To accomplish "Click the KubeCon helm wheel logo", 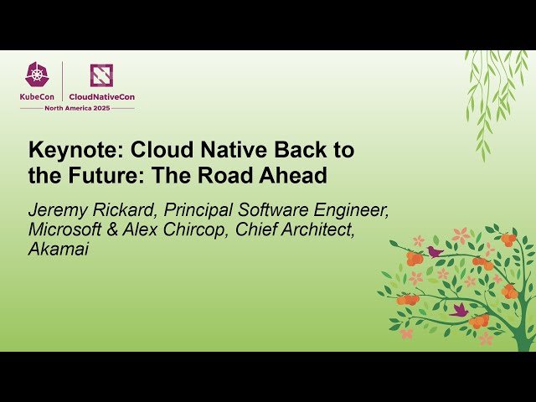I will pos(38,75).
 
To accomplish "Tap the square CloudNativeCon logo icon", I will pos(101,75).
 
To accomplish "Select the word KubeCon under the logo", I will pos(38,95).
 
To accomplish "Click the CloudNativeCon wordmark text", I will pos(101,95).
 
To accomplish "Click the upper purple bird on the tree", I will pos(434,250).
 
